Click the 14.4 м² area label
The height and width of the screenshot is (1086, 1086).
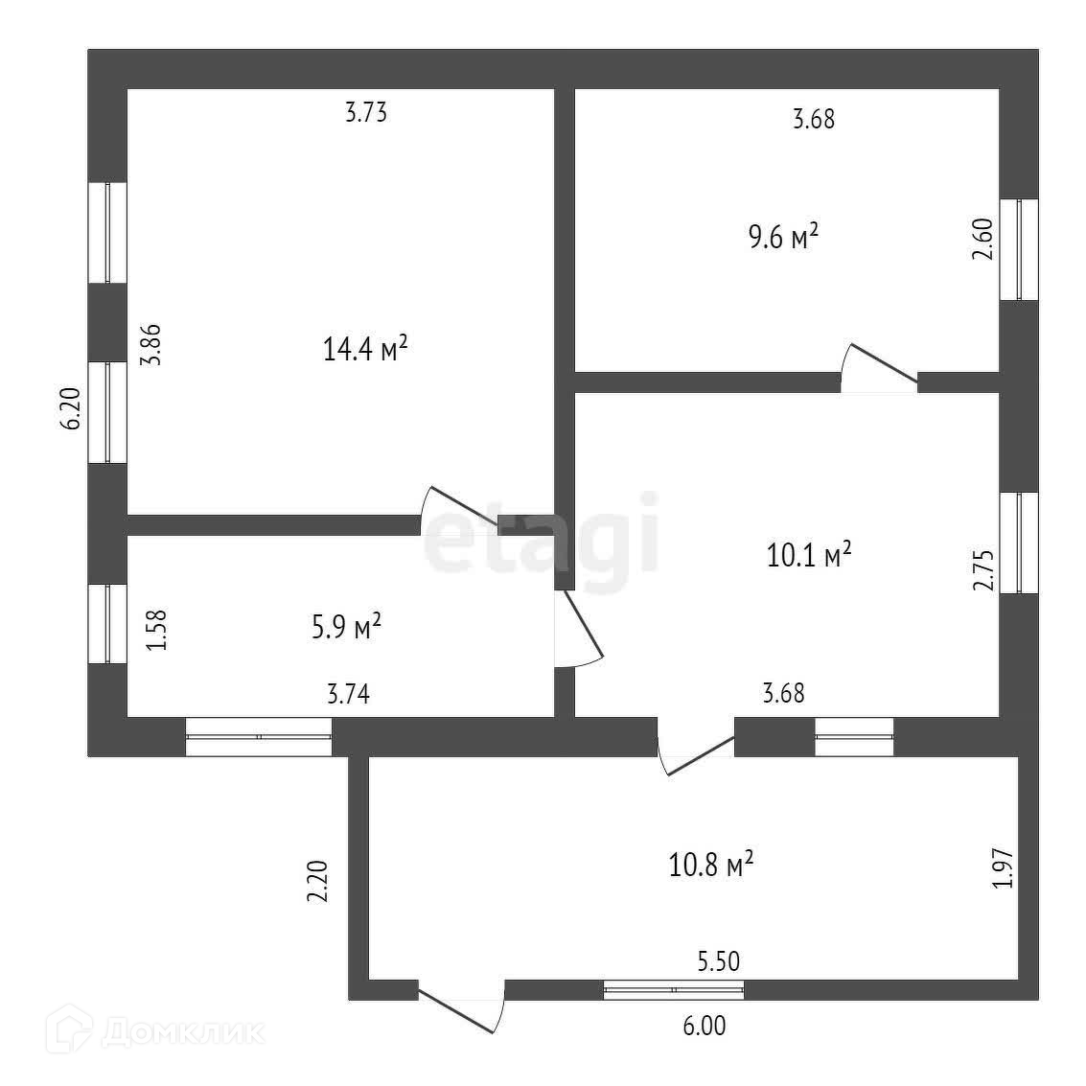pyautogui.click(x=366, y=349)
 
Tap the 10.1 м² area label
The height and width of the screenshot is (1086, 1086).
pyautogui.click(x=809, y=555)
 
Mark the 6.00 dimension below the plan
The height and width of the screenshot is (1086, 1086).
pyautogui.click(x=704, y=1027)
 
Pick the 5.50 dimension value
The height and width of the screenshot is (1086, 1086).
pyautogui.click(x=719, y=960)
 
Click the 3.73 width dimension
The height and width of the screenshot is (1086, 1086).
pyautogui.click(x=365, y=113)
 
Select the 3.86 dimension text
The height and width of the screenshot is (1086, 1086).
pyautogui.click(x=151, y=346)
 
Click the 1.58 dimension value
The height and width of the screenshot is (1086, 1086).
pyautogui.click(x=157, y=632)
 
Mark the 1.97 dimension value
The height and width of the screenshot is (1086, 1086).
pyautogui.click(x=1003, y=868)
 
